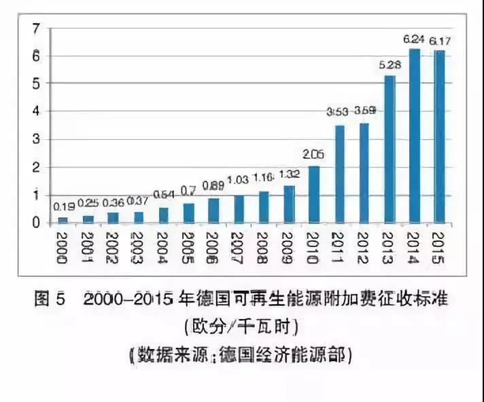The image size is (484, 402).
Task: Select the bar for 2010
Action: click(313, 194)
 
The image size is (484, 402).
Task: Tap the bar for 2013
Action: click(390, 149)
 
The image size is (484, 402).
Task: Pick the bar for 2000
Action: click(63, 220)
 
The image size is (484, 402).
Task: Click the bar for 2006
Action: click(213, 211)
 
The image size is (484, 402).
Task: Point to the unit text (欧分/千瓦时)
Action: click(241, 327)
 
